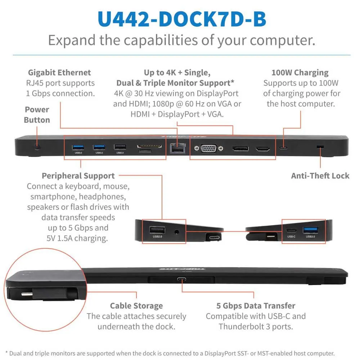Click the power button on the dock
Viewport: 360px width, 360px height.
click(37, 147)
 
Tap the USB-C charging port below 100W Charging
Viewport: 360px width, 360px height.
click(284, 148)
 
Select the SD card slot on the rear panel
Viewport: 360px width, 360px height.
click(149, 147)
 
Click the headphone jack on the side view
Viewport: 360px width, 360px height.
click(176, 231)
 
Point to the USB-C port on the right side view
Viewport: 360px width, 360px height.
click(292, 230)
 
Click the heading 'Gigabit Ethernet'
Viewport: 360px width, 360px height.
click(59, 73)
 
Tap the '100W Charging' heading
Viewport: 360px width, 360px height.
click(300, 73)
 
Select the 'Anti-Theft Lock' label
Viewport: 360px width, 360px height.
click(320, 176)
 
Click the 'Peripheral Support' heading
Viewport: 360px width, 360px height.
click(78, 176)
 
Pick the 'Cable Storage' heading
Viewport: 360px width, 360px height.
click(136, 306)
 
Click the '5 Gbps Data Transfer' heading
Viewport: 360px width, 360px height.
click(256, 306)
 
